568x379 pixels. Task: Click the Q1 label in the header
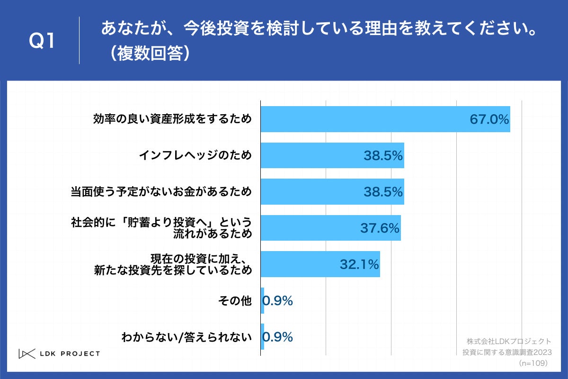coord(43,42)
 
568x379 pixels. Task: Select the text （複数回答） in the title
coord(147,54)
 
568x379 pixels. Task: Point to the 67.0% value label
coord(489,119)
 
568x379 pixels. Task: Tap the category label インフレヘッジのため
coord(195,155)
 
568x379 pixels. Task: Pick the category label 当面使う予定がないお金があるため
coord(161,192)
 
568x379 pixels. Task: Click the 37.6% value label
coord(380,228)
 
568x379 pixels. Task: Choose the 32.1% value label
coord(359,264)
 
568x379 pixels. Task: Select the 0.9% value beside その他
coord(278,300)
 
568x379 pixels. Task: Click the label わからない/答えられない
coord(186,337)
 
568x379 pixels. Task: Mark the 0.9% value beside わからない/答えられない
coord(278,337)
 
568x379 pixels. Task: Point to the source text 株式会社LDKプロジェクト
coord(508,341)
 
